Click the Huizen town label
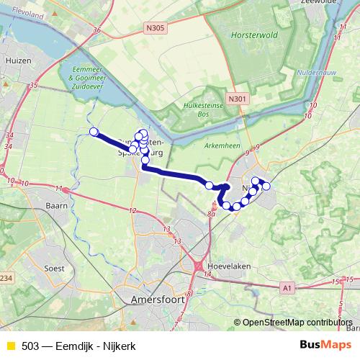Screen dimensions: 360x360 [x=18, y=61]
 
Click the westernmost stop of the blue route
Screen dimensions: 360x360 [x=93, y=131]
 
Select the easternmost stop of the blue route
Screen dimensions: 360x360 [x=266, y=186]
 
